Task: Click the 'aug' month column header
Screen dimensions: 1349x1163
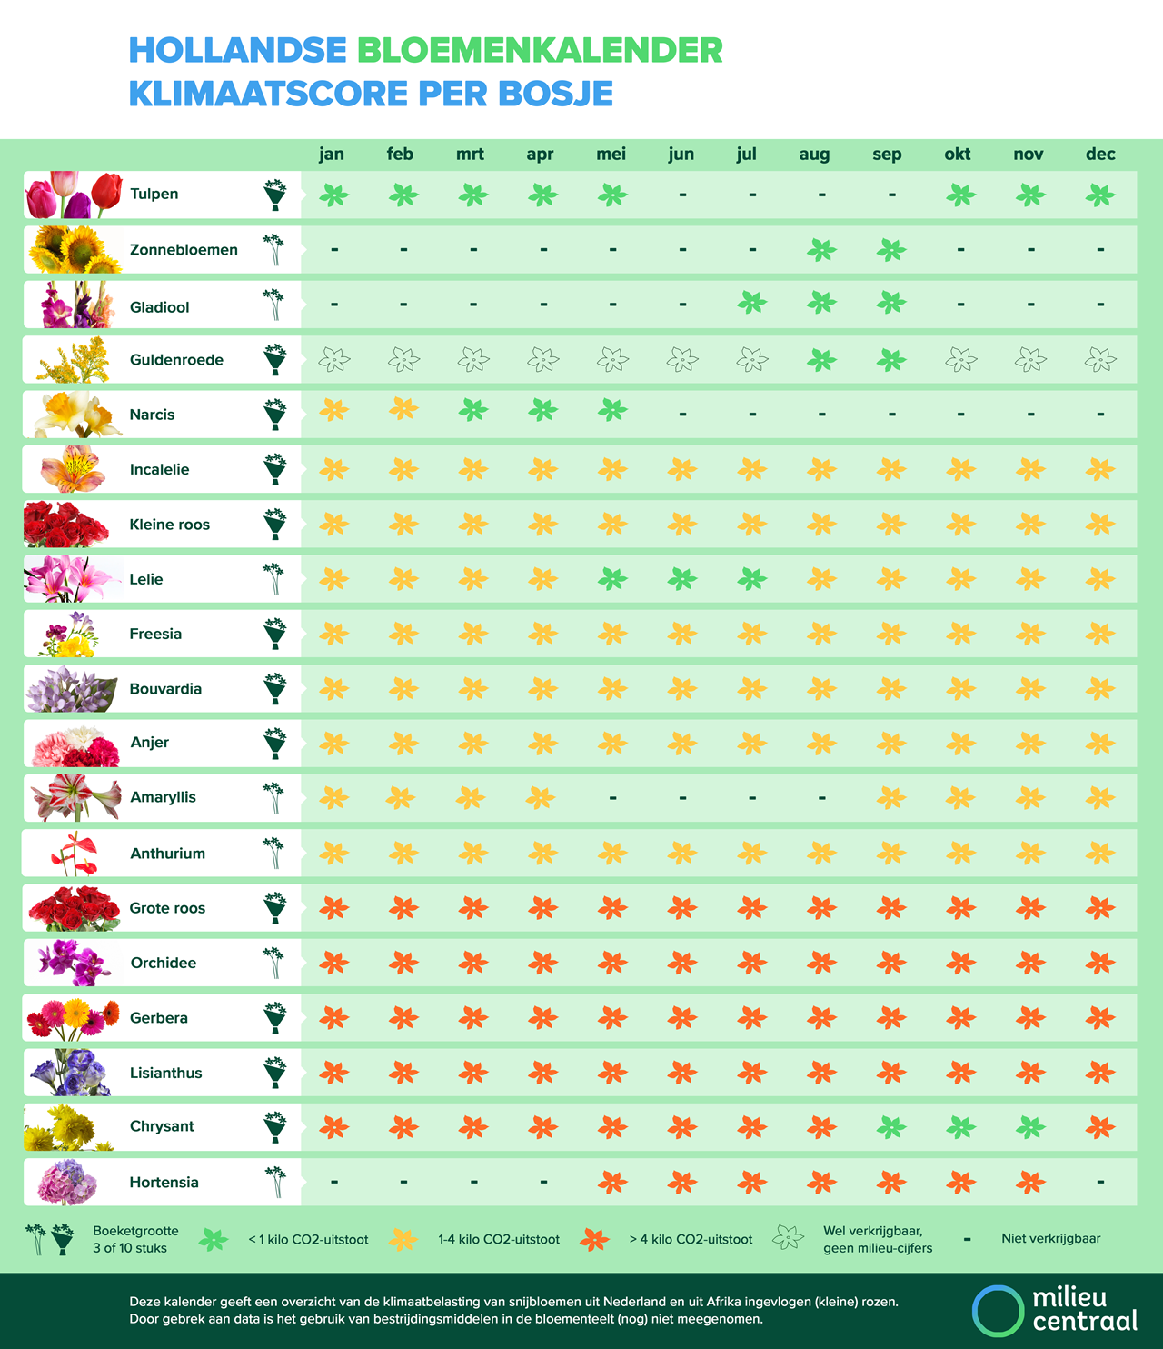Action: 814,155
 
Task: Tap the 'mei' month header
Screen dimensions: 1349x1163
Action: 611,155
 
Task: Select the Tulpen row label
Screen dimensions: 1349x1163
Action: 154,194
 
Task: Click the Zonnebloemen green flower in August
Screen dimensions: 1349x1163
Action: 821,250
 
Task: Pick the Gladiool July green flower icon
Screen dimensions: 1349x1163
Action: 751,303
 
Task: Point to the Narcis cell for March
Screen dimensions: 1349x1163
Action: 472,411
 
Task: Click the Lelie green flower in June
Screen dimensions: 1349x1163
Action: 682,578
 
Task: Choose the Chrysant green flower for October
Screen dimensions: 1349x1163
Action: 960,1128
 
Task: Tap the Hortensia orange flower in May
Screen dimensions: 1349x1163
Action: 612,1183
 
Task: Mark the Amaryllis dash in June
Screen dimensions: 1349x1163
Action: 682,798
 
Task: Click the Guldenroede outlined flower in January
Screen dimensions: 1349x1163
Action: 333,360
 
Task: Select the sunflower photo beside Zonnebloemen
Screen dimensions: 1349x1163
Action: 73,250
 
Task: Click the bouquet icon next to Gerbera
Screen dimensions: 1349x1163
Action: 274,1018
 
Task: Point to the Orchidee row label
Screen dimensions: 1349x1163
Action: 163,963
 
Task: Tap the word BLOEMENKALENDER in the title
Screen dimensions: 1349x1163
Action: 540,51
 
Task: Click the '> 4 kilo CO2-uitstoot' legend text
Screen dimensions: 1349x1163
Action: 691,1239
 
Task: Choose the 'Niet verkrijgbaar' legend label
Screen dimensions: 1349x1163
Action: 1050,1238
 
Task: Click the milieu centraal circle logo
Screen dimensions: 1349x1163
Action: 998,1311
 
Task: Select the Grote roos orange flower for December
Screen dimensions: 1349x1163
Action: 1100,907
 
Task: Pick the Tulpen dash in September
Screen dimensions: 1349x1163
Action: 892,195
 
